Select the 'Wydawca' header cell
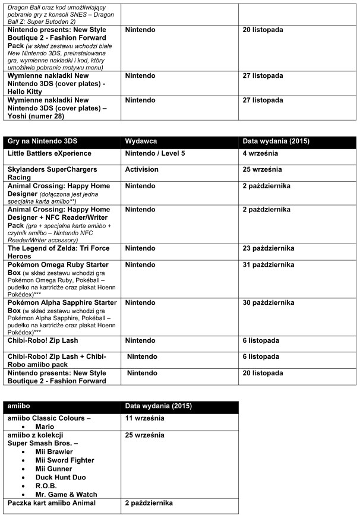click(141, 142)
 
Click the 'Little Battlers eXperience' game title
click(49, 153)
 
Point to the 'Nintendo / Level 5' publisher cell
click(155, 153)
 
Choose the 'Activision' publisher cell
click(142, 169)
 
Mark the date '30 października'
click(270, 302)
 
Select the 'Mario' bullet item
click(45, 426)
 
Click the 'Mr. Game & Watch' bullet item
click(66, 494)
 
